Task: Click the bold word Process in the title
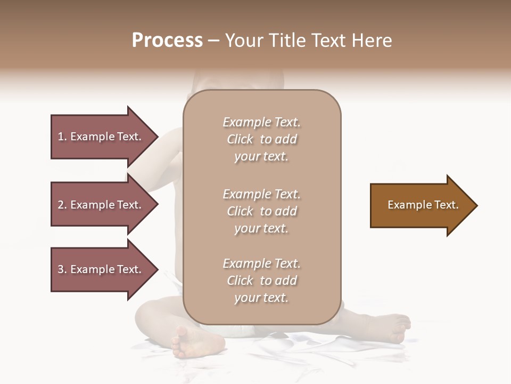coord(167,41)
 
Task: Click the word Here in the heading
coord(371,41)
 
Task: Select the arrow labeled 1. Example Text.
coord(101,137)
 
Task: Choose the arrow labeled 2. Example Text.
coord(101,205)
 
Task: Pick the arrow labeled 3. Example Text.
coord(101,269)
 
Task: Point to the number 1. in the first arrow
coord(62,137)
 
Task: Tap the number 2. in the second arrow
coord(62,205)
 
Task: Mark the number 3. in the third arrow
coord(62,269)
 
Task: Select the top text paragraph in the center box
coord(261,139)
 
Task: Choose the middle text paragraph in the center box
coord(261,211)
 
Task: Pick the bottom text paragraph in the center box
coord(261,281)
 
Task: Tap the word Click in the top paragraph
coord(240,139)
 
